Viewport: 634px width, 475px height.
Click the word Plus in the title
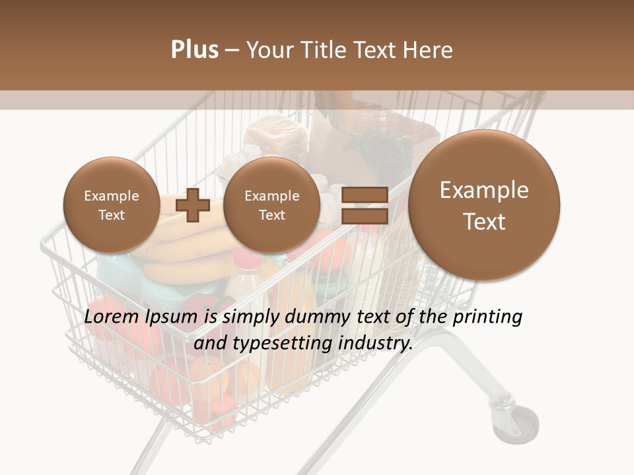194,50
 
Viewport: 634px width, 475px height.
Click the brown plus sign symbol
192,205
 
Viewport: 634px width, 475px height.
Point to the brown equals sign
364,205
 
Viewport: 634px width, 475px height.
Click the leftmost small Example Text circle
111,205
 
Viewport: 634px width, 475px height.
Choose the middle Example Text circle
271,205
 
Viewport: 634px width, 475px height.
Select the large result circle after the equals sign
484,205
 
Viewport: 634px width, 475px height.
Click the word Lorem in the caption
110,317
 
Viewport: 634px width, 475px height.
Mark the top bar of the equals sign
364,195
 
